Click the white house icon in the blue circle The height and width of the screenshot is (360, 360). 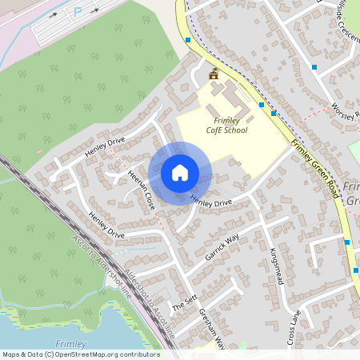click(179, 173)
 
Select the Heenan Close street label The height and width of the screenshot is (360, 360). click(142, 192)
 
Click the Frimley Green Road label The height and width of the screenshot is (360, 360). click(318, 170)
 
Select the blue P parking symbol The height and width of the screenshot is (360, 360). click(78, 12)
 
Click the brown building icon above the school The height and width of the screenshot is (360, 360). click(214, 74)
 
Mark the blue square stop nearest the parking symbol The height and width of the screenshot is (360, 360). click(188, 40)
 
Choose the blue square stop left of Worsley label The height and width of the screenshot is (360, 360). click(314, 67)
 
